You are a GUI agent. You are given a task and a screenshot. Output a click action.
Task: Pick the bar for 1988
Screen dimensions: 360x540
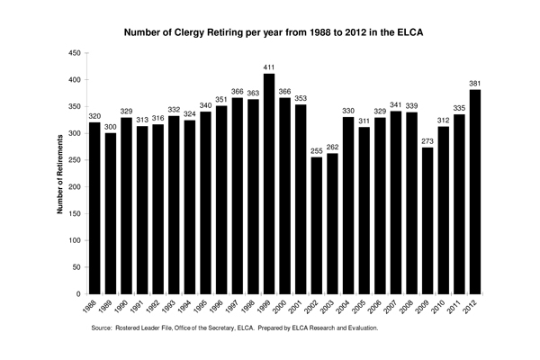[x=94, y=208]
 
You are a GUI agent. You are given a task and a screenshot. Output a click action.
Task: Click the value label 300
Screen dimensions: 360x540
[x=111, y=127]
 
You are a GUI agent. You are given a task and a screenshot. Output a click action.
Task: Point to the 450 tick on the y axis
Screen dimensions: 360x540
[x=75, y=54]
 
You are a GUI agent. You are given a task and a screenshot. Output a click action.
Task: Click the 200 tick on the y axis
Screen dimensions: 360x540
[x=75, y=187]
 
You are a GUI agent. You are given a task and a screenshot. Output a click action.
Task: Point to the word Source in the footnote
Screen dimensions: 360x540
[x=104, y=329]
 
